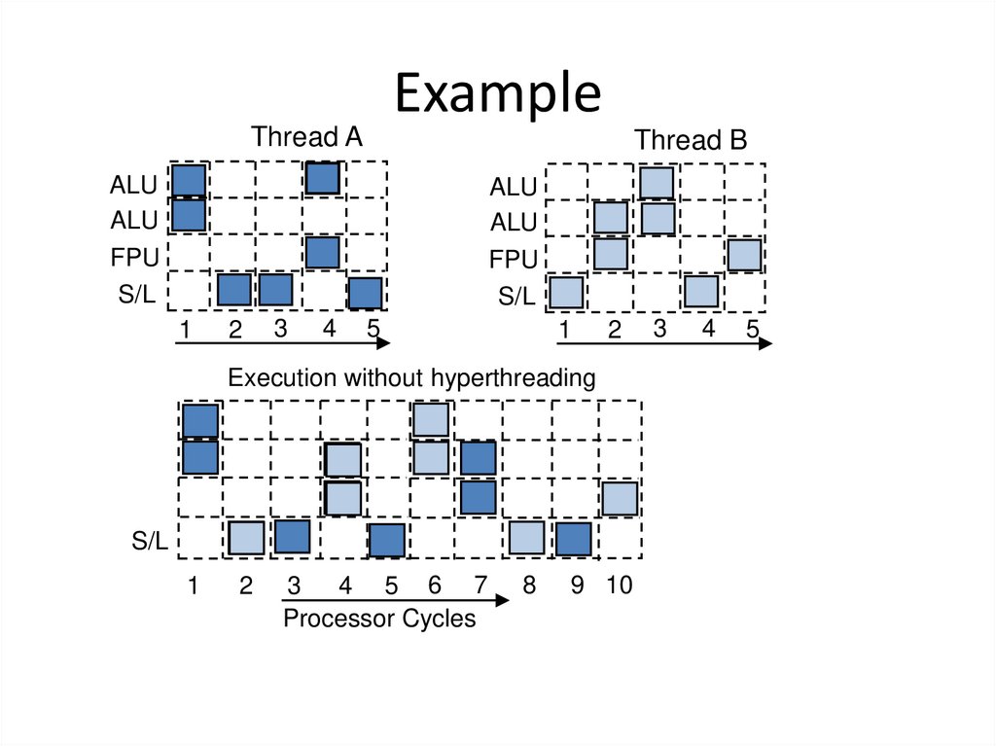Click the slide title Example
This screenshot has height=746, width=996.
point(498,94)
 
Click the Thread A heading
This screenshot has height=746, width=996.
point(306,137)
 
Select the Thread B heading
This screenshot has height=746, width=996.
point(691,140)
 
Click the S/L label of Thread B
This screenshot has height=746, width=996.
point(516,297)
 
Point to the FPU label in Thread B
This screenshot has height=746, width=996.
point(513,260)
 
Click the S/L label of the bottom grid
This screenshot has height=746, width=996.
point(151,542)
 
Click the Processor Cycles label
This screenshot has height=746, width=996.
point(379,619)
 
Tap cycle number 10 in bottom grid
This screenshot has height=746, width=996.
point(619,586)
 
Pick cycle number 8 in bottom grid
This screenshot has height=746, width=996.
point(528,586)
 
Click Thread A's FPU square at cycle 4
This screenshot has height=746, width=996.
point(322,253)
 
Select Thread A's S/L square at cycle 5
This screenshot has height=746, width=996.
point(365,293)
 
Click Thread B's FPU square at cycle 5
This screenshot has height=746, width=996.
point(744,255)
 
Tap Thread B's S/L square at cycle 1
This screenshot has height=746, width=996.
point(566,292)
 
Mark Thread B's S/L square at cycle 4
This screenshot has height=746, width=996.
point(700,291)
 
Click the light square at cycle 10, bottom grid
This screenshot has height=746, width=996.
point(619,498)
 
